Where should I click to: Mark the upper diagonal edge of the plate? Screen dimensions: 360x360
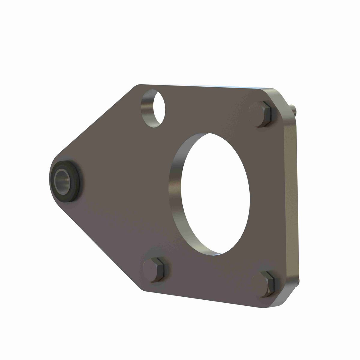click(x=96, y=120)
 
